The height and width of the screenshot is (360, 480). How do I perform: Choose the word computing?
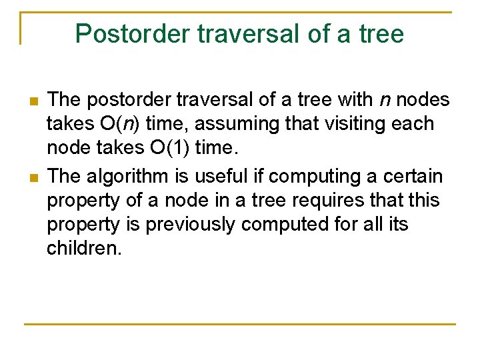(x=302, y=177)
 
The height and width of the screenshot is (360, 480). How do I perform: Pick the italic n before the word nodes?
(x=385, y=100)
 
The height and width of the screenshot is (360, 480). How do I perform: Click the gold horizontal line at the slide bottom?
(x=240, y=324)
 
